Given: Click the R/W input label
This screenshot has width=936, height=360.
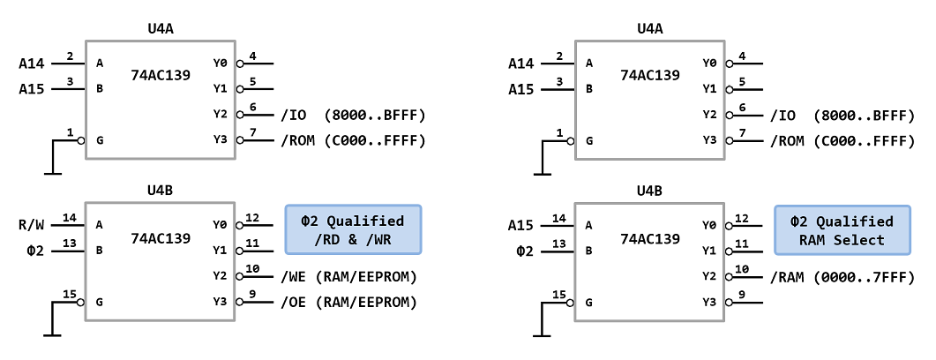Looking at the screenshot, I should pos(33,224).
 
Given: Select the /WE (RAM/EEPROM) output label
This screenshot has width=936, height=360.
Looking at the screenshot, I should pos(348,277).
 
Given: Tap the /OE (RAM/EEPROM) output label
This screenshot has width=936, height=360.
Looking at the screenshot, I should pos(348,302).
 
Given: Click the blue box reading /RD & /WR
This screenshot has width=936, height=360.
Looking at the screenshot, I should pos(353,229).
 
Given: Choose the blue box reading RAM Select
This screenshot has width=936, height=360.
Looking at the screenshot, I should pos(842,229).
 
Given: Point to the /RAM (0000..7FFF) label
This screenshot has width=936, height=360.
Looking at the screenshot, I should pos(842,277).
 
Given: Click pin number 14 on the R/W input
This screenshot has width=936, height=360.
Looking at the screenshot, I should pos(69,217).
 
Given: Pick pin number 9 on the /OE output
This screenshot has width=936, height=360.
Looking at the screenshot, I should pos(253,294).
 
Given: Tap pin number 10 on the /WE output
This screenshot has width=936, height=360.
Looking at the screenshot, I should pos(253,269).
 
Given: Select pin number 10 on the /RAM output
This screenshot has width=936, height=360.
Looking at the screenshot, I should pos(743,269).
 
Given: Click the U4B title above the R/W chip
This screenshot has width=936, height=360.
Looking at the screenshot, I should pos(161,191).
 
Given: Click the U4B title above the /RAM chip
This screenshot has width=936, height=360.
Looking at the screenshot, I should pos(650,191).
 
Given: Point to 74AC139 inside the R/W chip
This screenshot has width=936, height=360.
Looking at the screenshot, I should pos(161,237).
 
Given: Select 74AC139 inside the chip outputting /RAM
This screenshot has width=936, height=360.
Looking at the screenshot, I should pos(650,237).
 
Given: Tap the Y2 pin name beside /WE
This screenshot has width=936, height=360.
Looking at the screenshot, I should pos(220,276).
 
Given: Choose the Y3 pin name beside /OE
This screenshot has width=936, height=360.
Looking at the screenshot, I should pos(220,302).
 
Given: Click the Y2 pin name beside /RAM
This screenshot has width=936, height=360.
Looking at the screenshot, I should pos(709,276).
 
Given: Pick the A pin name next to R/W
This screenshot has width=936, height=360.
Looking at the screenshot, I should pos(100,225).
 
